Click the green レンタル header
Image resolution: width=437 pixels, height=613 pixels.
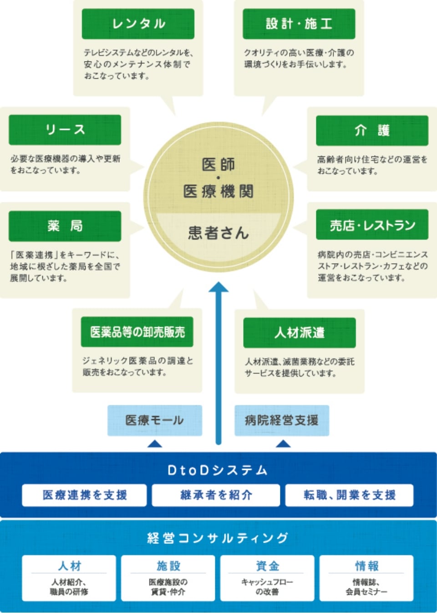pyautogui.click(x=138, y=24)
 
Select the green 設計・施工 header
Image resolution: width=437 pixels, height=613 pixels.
pyautogui.click(x=299, y=24)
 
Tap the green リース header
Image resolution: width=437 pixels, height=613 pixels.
pyautogui.click(x=65, y=130)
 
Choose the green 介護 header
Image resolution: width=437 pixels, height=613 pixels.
pyautogui.click(x=372, y=131)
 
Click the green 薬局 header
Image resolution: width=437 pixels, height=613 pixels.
pyautogui.click(x=65, y=226)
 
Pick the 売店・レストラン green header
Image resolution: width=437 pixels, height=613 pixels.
pyautogui.click(x=372, y=225)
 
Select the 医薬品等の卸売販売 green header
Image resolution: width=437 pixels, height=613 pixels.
pyautogui.click(x=137, y=332)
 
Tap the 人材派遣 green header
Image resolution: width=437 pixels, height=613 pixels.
pyautogui.click(x=299, y=333)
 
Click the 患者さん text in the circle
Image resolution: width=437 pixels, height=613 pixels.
pyautogui.click(x=218, y=233)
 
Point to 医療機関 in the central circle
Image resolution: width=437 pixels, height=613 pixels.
pyautogui.click(x=218, y=191)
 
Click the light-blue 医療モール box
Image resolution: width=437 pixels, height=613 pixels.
pyautogui.click(x=154, y=420)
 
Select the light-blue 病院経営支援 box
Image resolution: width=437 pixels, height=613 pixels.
pyautogui.click(x=281, y=420)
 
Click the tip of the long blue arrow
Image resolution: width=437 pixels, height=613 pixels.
pyautogui.click(x=218, y=284)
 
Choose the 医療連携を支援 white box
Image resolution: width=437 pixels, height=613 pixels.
pyautogui.click(x=84, y=495)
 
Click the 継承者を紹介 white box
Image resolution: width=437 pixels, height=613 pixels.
pyautogui.click(x=216, y=495)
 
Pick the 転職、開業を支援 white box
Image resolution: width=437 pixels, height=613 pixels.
pyautogui.click(x=349, y=495)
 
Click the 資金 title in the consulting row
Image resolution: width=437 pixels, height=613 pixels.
pyautogui.click(x=267, y=566)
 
